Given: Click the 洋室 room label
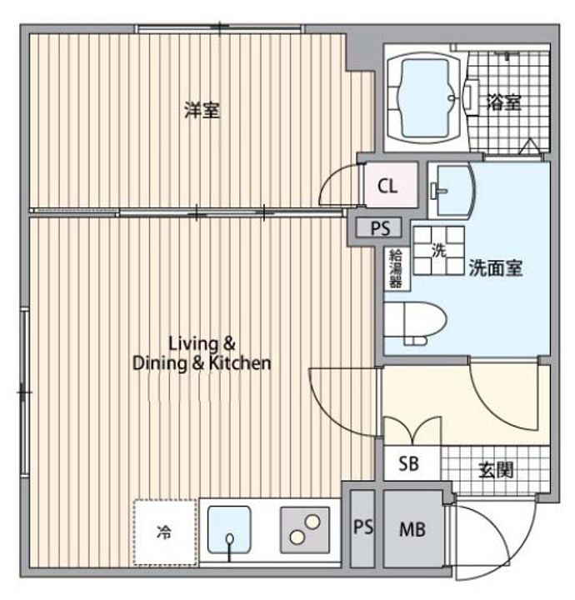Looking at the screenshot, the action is click(x=202, y=110).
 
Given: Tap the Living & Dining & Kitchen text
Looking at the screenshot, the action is click(x=202, y=353).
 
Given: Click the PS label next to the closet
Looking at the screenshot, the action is click(x=380, y=228).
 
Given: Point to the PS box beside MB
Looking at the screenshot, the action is click(x=362, y=528).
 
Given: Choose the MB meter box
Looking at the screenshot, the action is click(x=413, y=529).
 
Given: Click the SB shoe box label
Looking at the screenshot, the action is click(x=408, y=464).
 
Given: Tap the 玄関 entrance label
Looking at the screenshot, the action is click(x=496, y=469).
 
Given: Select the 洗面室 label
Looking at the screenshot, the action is click(x=496, y=267).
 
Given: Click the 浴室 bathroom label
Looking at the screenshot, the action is click(x=504, y=102).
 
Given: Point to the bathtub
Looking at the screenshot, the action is click(x=425, y=98).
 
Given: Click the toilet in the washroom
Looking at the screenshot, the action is click(x=415, y=323).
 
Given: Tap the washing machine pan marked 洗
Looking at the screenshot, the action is click(x=439, y=251).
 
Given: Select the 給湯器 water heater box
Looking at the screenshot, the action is click(x=396, y=268).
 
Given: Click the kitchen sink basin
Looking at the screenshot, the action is click(x=229, y=530).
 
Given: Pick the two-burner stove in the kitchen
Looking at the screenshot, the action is click(x=305, y=530).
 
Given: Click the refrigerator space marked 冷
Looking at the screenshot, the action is click(x=164, y=532).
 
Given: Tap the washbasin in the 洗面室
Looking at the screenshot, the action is click(x=452, y=190).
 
